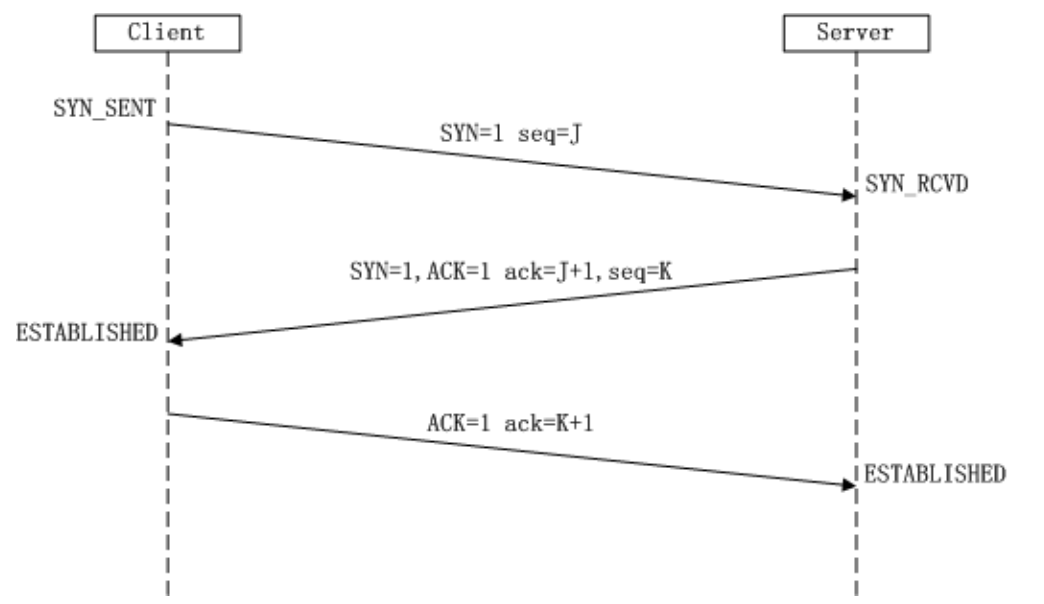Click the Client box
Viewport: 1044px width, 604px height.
click(x=167, y=33)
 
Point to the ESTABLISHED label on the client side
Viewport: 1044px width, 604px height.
click(x=87, y=333)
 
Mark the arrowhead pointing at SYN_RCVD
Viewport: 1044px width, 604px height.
click(x=849, y=195)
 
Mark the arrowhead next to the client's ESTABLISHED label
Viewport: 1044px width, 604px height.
click(x=175, y=340)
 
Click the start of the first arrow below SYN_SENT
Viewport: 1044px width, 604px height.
click(x=168, y=124)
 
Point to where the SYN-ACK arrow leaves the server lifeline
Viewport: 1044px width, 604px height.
click(x=855, y=269)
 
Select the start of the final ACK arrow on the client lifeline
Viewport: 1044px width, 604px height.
click(x=168, y=413)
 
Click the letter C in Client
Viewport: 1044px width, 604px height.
click(x=133, y=33)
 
